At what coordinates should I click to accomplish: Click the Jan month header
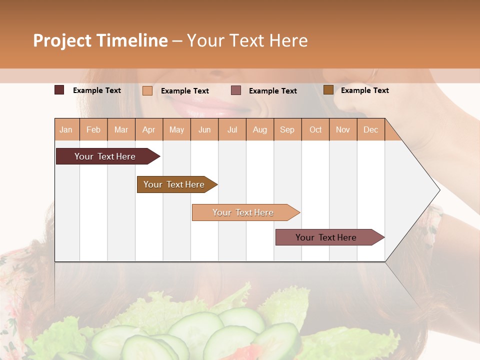click(66, 129)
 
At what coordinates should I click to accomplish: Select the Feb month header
click(93, 129)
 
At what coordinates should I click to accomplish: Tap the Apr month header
click(149, 129)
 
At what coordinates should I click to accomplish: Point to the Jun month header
click(204, 129)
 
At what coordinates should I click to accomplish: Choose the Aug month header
click(260, 129)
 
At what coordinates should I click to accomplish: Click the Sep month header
click(287, 129)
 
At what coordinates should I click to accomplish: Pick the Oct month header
click(315, 129)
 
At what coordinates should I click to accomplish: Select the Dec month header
click(371, 129)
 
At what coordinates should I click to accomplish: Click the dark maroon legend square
click(59, 90)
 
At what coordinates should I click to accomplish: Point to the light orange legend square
click(147, 90)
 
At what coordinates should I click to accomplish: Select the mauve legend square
click(236, 90)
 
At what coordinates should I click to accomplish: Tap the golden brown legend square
click(328, 90)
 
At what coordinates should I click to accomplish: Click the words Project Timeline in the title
click(100, 40)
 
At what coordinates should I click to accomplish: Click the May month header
click(176, 129)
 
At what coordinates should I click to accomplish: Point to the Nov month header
click(343, 129)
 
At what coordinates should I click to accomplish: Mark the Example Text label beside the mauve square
click(273, 91)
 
